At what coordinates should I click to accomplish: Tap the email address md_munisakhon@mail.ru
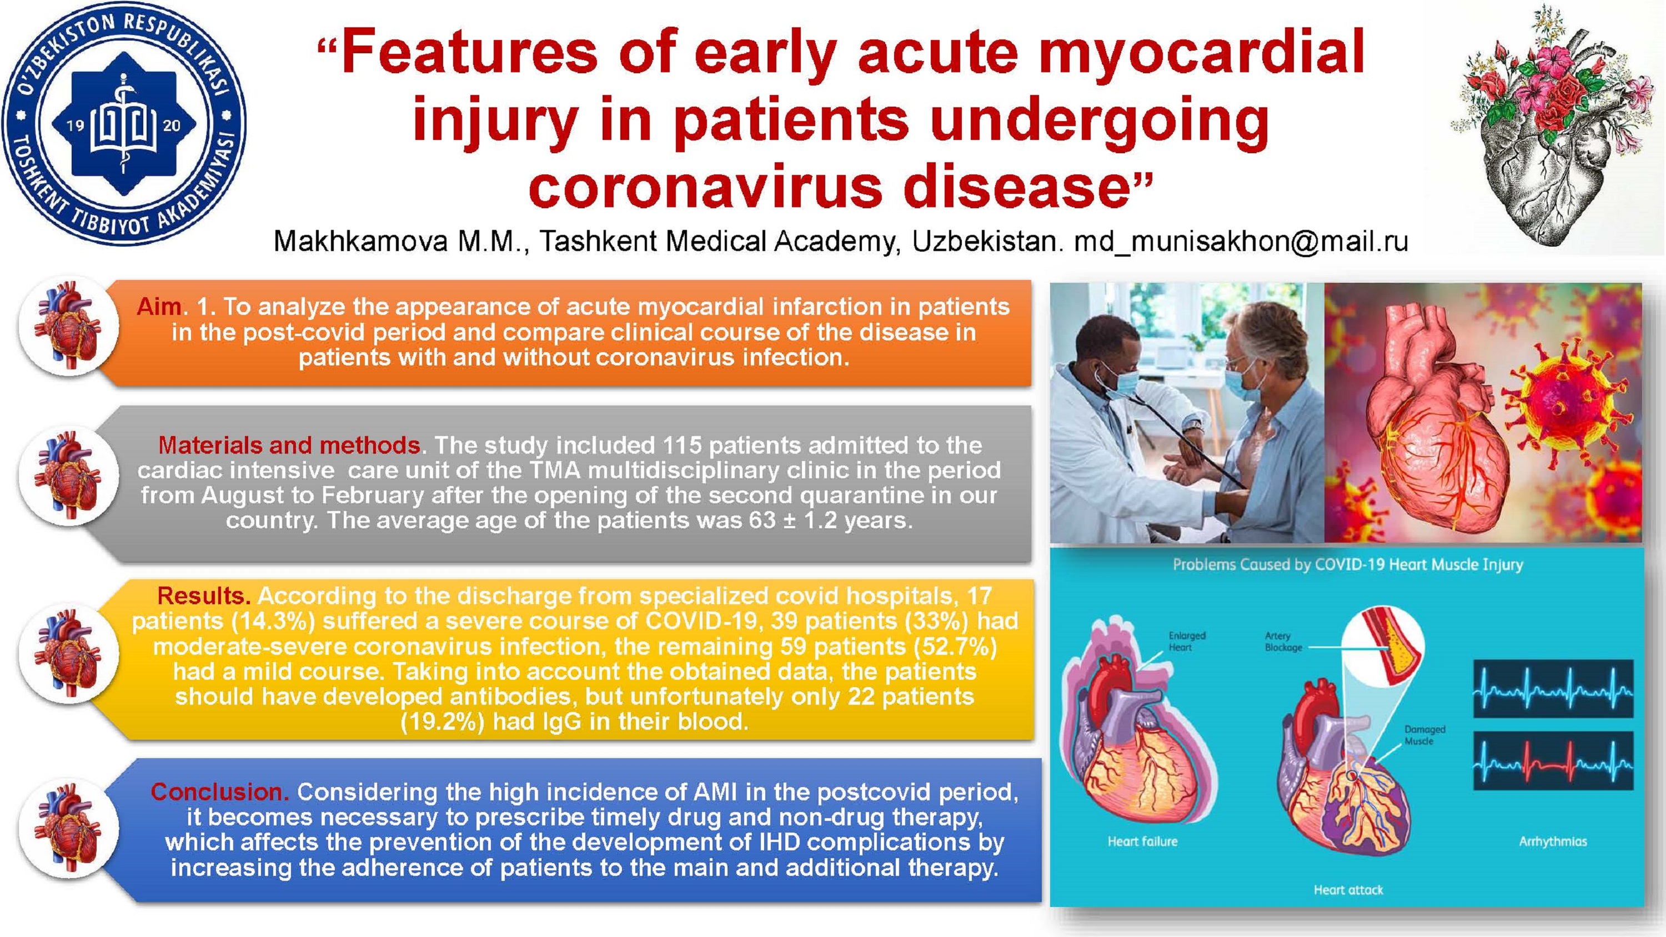(1241, 242)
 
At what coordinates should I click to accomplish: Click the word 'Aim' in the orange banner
(158, 307)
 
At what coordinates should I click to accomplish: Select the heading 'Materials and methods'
(289, 445)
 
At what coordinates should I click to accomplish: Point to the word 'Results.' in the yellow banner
(204, 595)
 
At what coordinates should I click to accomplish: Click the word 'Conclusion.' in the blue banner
(220, 791)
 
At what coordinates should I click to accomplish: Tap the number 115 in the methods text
(685, 445)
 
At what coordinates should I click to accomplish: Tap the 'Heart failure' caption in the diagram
(1142, 841)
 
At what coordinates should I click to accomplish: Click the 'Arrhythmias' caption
(1553, 841)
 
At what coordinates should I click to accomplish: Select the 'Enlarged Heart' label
(1187, 642)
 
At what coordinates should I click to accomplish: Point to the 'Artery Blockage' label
(1283, 642)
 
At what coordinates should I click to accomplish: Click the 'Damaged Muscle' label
(1425, 735)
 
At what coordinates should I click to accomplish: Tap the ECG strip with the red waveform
(1553, 761)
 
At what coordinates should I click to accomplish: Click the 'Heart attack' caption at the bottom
(1348, 890)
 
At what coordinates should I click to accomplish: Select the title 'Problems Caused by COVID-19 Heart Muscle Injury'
(1348, 564)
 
